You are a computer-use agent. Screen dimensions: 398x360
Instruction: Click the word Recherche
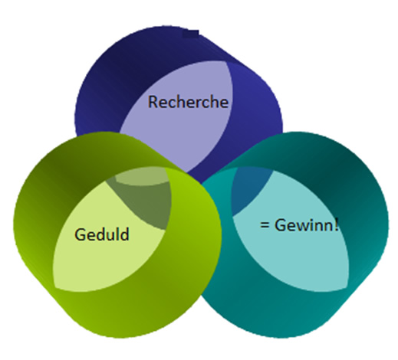tap(188, 102)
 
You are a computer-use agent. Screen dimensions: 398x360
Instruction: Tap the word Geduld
tap(102, 234)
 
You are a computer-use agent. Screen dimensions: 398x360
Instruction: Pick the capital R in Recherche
tap(153, 102)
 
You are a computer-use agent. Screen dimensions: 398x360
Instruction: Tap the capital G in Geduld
tap(80, 234)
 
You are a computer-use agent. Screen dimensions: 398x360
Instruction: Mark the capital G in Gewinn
tap(280, 225)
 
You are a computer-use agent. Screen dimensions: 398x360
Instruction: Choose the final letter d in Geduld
tap(124, 234)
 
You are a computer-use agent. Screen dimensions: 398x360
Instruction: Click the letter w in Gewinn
tap(303, 227)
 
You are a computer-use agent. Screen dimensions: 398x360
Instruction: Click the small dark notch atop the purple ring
tap(191, 34)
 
